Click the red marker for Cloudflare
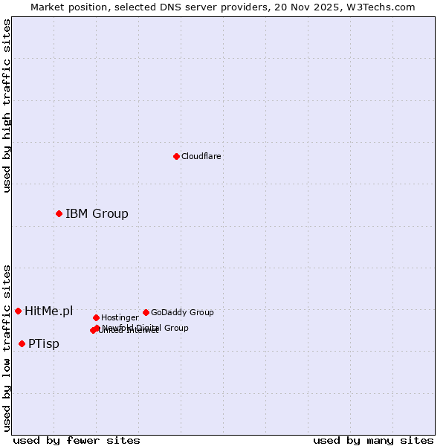[176, 156]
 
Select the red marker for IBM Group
[59, 213]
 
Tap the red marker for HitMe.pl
[18, 311]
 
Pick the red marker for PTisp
[22, 343]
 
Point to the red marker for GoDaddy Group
[146, 312]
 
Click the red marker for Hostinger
[96, 317]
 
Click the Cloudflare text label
[201, 156]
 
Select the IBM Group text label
[97, 214]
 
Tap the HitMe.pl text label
[49, 311]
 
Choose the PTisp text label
[44, 343]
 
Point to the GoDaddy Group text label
[182, 312]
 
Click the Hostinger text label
[120, 317]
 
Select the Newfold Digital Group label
[146, 327]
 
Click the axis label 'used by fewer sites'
[77, 440]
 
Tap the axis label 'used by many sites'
[373, 440]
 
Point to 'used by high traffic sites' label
[7, 106]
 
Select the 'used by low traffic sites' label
[7, 347]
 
